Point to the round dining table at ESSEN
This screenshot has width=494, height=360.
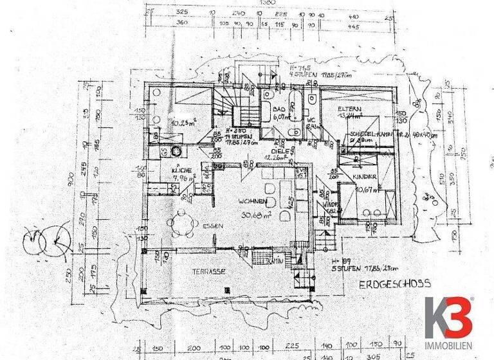pos(184,224)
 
